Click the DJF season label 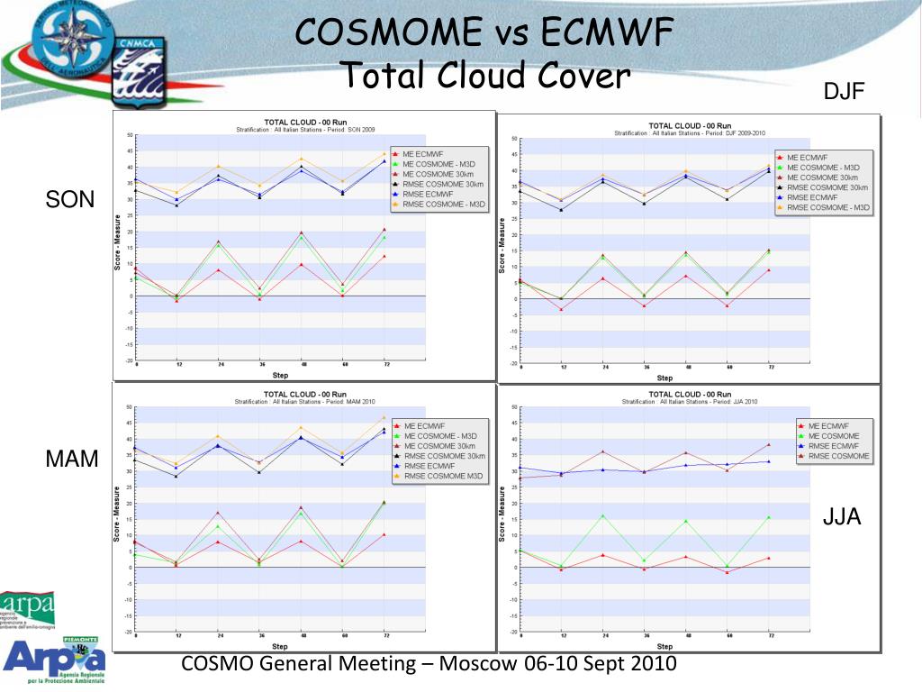point(844,92)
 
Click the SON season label point(70,199)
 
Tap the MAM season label point(72,459)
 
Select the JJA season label point(842,516)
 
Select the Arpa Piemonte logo point(54,657)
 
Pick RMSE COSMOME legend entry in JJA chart point(838,456)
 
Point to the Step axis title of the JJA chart point(664,646)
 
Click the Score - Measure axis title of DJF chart point(502,244)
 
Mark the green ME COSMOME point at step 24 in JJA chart point(602,516)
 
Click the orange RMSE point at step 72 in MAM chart point(384,418)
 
